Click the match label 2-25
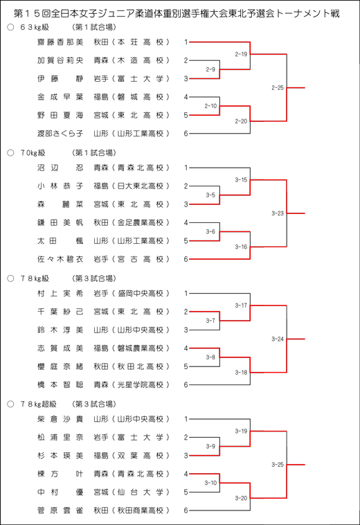coord(278,88)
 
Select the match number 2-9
coord(210,69)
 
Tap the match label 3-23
coord(278,213)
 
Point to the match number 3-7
coord(210,321)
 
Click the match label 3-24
coord(278,339)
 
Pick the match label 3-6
coord(210,231)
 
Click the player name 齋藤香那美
coord(60,42)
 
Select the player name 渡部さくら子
coord(60,134)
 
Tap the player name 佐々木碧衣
coord(60,259)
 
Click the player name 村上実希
coord(60,294)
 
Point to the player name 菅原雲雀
coord(60,510)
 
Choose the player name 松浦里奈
coord(60,437)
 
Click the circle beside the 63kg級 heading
coord(10,27)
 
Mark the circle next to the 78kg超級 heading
coord(10,404)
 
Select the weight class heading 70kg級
coord(33,153)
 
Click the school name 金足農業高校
coord(140,222)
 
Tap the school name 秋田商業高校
coord(140,510)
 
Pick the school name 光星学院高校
coord(140,385)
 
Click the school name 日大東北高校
coord(140,186)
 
